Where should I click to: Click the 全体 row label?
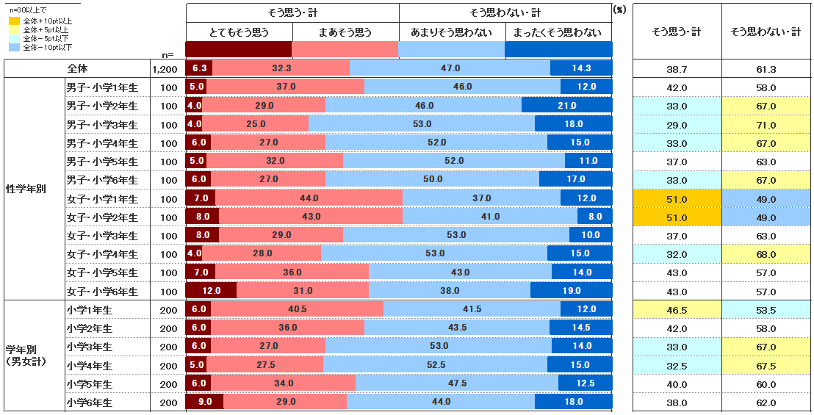point(76,68)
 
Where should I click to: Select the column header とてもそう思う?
point(239,32)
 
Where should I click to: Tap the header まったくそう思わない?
point(558,32)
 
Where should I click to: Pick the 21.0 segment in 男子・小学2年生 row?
point(566,106)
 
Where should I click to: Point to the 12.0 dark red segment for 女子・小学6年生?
point(211,292)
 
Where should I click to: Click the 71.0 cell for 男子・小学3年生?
point(766,125)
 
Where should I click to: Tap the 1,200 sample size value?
point(165,69)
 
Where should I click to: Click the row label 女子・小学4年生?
point(101,255)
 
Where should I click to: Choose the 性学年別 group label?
point(26,190)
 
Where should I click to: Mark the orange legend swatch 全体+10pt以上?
point(13,21)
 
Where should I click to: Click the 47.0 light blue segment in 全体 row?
point(450,68)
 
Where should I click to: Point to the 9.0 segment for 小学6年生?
point(204,402)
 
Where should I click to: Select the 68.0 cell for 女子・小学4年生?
point(766,255)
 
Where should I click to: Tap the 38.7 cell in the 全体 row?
point(676,69)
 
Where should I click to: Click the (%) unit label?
point(619,11)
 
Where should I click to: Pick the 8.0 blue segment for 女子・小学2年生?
point(594,217)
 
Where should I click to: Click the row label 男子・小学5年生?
point(101,162)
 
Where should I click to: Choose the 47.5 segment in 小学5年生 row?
point(457,383)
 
